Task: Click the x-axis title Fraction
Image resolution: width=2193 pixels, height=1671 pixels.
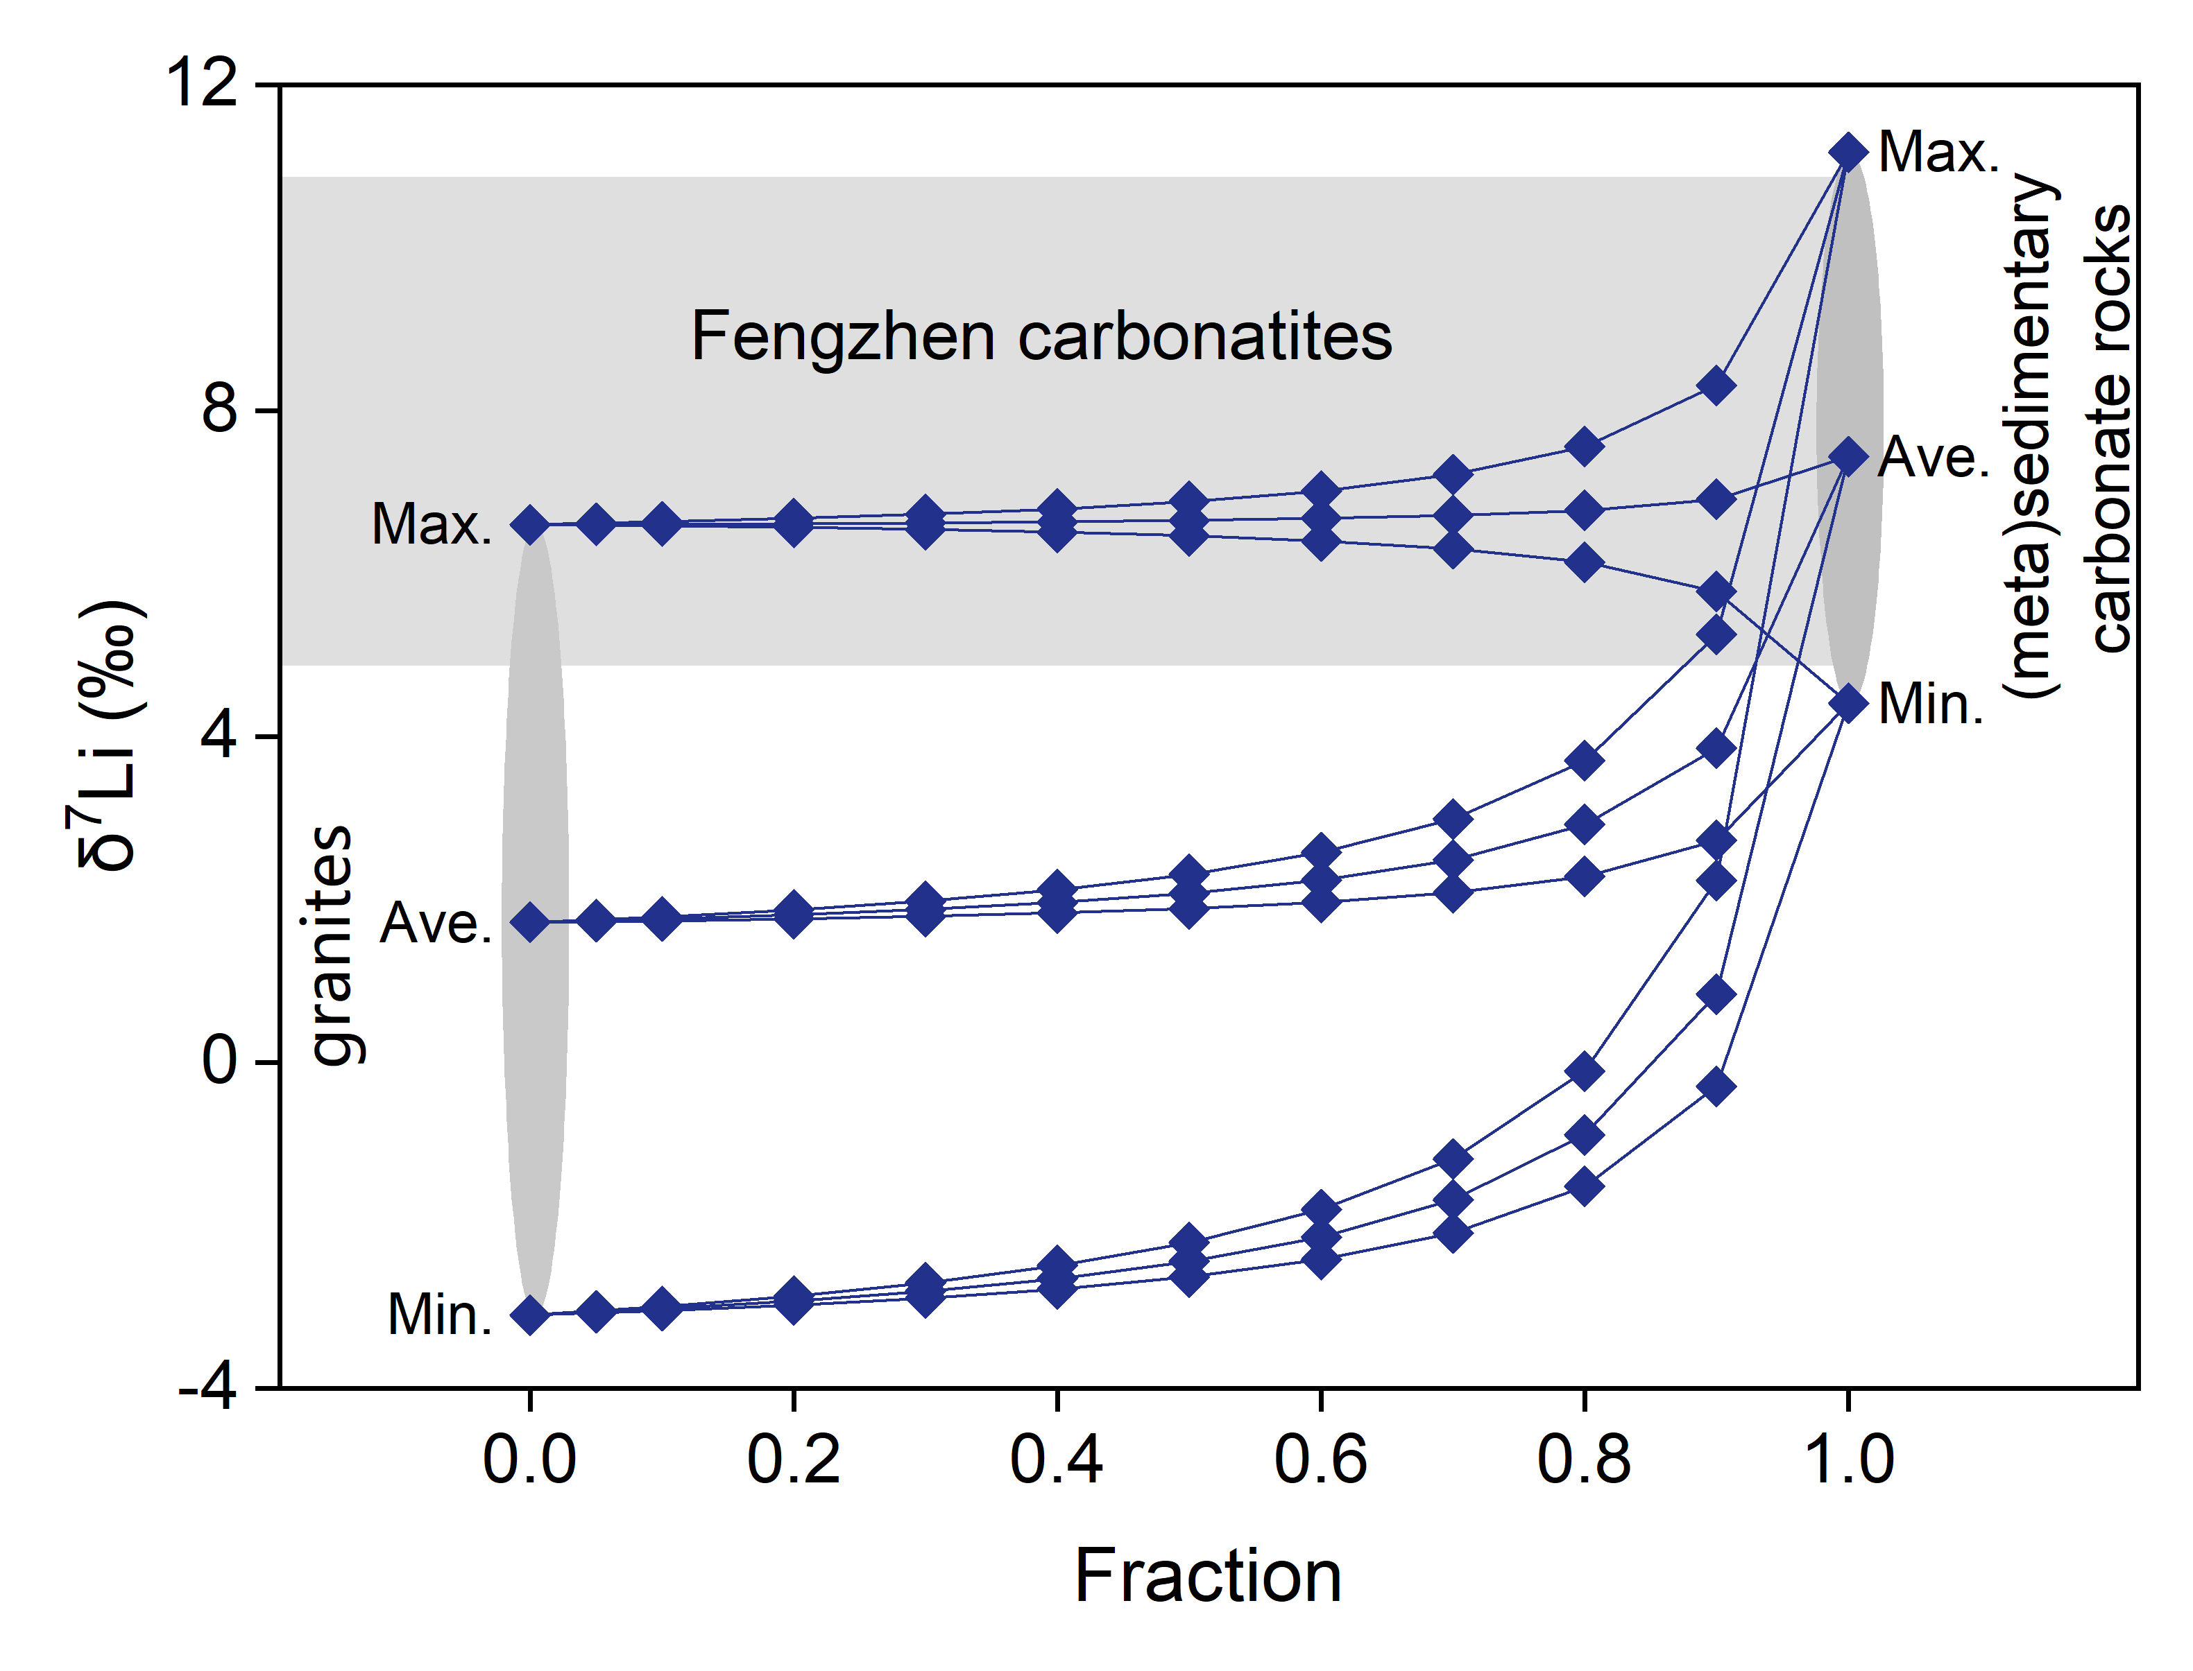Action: pyautogui.click(x=1208, y=1577)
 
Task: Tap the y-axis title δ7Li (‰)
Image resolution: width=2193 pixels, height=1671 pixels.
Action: pyautogui.click(x=108, y=736)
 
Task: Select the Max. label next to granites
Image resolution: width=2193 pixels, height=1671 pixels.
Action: pyautogui.click(x=431, y=523)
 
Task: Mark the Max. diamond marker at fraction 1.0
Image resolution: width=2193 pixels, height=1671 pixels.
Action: pyautogui.click(x=1848, y=152)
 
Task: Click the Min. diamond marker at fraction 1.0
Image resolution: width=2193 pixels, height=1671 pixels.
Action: pyautogui.click(x=1848, y=703)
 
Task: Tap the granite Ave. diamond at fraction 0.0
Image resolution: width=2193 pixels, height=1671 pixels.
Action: pyautogui.click(x=530, y=922)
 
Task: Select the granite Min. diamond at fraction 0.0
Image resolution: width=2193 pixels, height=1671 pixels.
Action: pyautogui.click(x=530, y=1315)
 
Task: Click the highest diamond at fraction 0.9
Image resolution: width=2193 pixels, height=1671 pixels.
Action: pyautogui.click(x=1716, y=384)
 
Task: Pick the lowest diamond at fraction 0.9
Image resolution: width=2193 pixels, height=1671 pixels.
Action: pyautogui.click(x=1716, y=1086)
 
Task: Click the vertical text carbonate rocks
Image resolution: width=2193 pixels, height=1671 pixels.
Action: pyautogui.click(x=2110, y=428)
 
